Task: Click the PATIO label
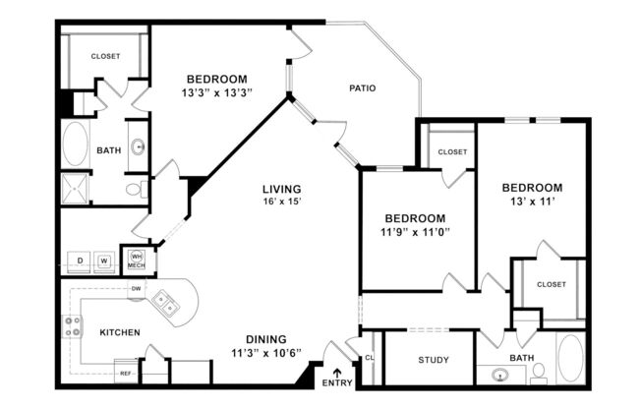tap(363, 88)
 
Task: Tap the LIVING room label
tap(281, 189)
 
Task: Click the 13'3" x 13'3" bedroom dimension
tap(217, 93)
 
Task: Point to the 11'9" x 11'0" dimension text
tap(414, 232)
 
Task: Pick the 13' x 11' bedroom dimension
tap(531, 203)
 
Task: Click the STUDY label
tap(433, 360)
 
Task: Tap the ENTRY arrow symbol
tap(338, 373)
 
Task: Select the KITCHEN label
tap(120, 332)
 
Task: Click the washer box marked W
tap(104, 261)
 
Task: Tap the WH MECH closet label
tap(137, 260)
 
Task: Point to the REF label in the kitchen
tap(126, 374)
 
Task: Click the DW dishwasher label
tap(136, 288)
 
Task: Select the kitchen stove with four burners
tap(72, 326)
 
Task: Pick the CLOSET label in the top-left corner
tap(105, 56)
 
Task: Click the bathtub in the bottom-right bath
tap(570, 359)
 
